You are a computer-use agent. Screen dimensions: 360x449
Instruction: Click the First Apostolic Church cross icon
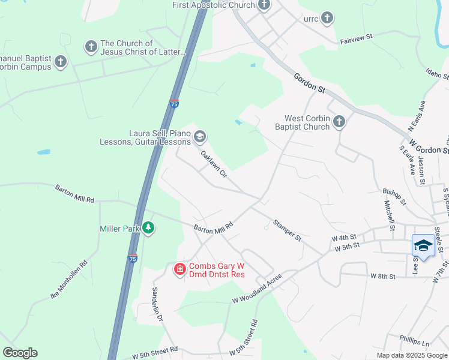click(264, 5)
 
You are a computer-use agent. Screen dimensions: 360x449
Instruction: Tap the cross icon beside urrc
click(327, 18)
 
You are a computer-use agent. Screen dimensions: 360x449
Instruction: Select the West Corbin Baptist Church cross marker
click(339, 122)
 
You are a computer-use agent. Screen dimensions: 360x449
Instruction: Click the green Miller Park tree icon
click(148, 228)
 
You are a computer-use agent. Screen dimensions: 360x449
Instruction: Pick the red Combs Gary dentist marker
click(179, 269)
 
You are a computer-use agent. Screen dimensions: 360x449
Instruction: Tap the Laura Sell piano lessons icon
click(199, 137)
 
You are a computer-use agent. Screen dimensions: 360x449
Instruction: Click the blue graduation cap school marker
click(423, 245)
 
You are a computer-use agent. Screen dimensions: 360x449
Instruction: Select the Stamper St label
click(287, 230)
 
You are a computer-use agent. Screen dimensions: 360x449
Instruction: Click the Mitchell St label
click(389, 215)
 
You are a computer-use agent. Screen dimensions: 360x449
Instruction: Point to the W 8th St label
click(383, 276)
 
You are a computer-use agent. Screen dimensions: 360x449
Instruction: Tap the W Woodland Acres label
click(257, 288)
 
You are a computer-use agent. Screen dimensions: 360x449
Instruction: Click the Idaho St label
click(437, 75)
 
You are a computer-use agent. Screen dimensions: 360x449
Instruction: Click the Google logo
click(20, 353)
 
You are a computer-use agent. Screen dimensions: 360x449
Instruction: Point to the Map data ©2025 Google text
click(411, 355)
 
